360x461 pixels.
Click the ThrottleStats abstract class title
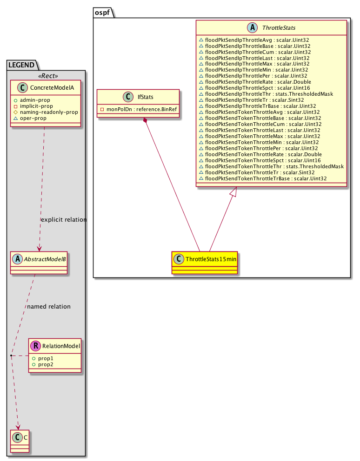click(x=278, y=28)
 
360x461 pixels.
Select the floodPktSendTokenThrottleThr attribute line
click(x=271, y=166)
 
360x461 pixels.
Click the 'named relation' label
click(x=49, y=307)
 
